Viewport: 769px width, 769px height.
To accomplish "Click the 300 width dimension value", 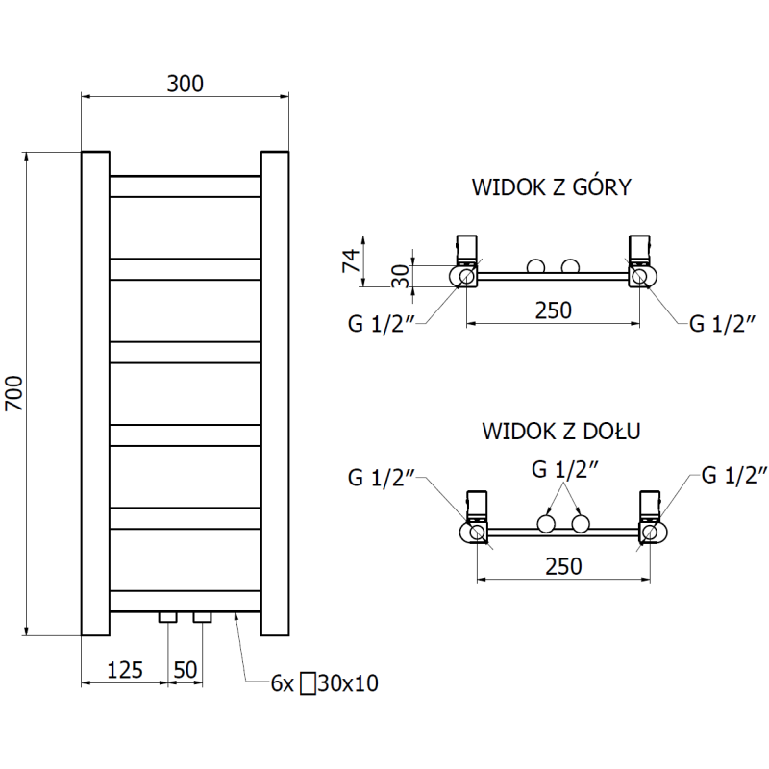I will pos(185,84).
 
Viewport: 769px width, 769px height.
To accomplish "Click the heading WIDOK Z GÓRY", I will pos(551,187).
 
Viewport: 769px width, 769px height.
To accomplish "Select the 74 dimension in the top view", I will pos(351,260).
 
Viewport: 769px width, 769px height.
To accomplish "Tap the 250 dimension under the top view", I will pos(554,310).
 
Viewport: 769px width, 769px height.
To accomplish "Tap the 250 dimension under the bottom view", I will pos(563,566).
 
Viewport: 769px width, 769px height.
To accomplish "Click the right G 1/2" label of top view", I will pos(723,322).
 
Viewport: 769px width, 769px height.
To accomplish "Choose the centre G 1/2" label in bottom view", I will pos(566,470).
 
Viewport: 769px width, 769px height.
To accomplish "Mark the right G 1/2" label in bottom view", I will pos(735,474).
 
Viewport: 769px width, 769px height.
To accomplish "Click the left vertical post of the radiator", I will pos(95,393).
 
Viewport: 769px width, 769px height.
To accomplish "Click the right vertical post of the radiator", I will pos(275,393).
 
